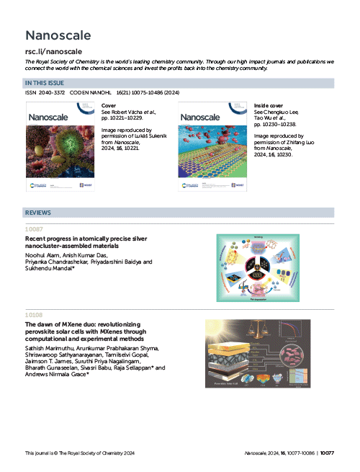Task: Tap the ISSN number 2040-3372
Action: coord(55,94)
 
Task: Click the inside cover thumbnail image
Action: coord(214,147)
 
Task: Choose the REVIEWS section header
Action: coord(37,213)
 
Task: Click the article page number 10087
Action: coord(34,230)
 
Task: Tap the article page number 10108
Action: coord(34,314)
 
